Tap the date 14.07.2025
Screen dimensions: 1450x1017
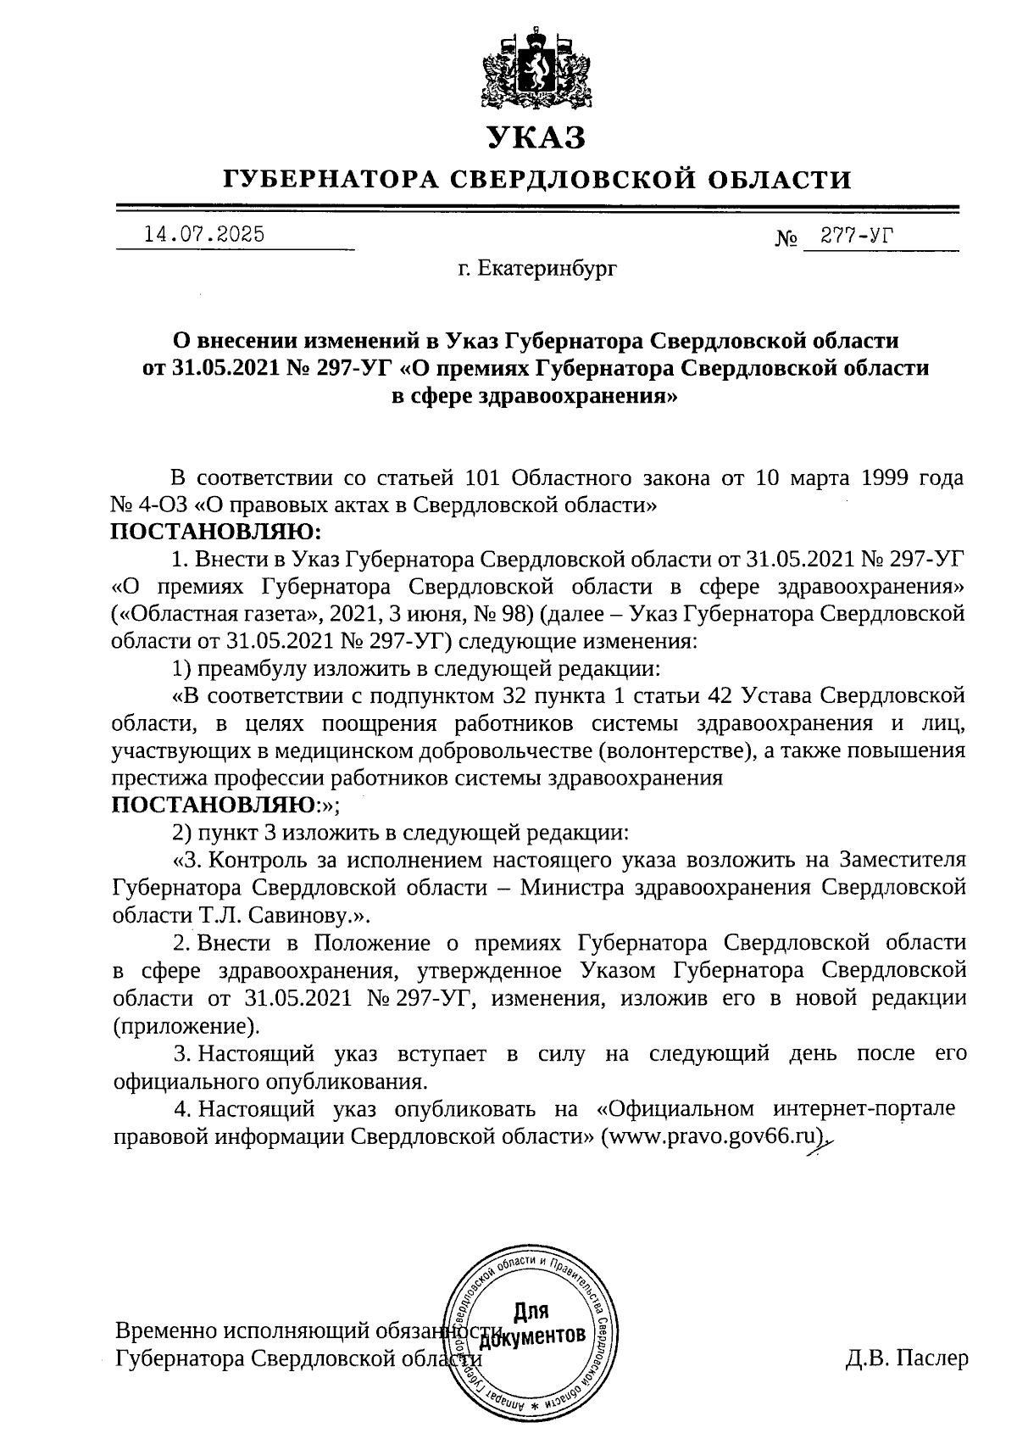click(204, 234)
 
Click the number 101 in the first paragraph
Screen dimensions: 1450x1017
click(483, 477)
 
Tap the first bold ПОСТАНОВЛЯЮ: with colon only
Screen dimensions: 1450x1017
click(216, 532)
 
